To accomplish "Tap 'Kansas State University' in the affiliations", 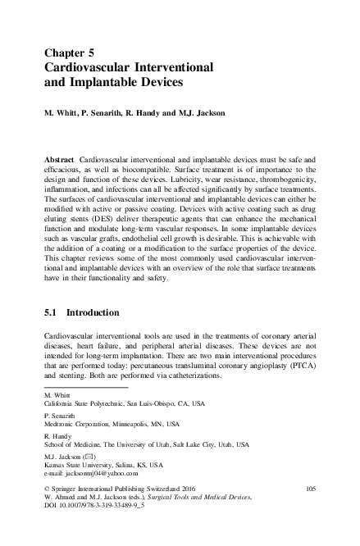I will pyautogui.click(x=79, y=464).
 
